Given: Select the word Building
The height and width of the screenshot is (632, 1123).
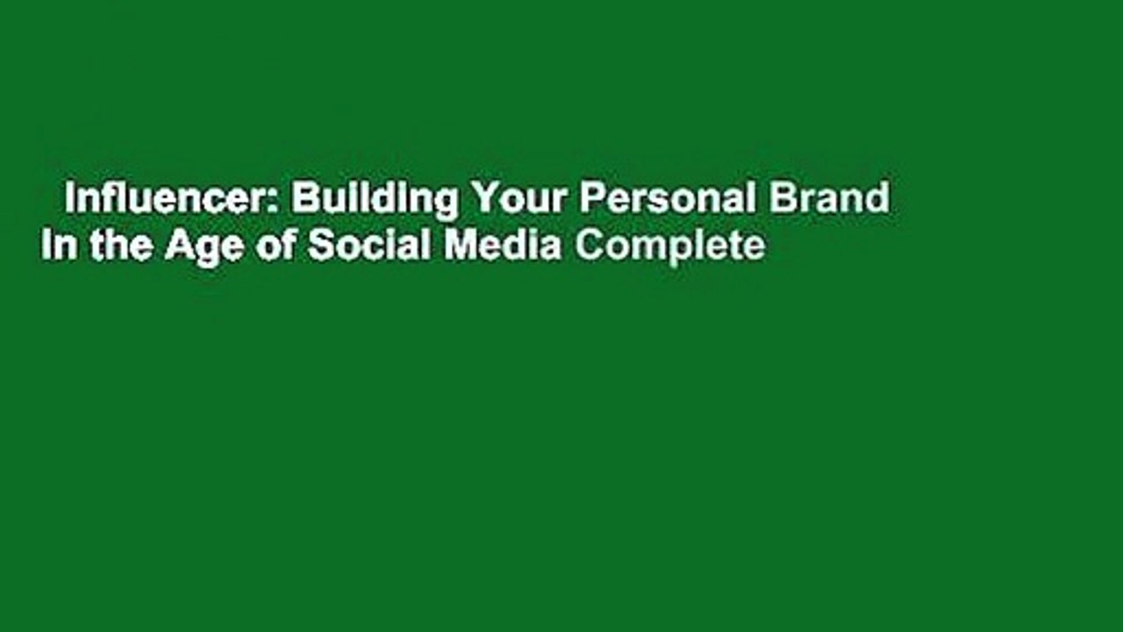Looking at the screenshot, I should point(375,199).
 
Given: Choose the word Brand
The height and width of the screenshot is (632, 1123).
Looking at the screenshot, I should point(830,199).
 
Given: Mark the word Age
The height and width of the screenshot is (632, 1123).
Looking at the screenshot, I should point(191,248).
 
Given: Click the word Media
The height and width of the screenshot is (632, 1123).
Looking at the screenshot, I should point(502,247).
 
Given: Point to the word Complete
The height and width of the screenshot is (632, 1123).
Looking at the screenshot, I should point(669,248).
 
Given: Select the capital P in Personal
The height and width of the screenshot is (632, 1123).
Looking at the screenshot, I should point(589,199).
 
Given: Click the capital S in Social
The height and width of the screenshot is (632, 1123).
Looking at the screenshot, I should point(318,247).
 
